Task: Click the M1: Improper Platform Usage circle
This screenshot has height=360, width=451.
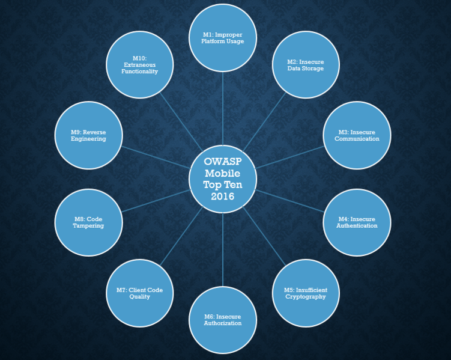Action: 223,38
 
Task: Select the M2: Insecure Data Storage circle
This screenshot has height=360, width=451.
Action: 306,65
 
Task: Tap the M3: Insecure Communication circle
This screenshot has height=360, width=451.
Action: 357,135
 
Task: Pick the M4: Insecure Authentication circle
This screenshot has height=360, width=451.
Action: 357,222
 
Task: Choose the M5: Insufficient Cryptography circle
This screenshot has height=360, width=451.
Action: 306,293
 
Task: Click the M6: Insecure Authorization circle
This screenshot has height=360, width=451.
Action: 223,320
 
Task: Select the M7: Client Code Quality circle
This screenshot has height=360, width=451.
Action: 140,293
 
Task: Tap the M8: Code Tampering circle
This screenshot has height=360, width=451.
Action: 89,222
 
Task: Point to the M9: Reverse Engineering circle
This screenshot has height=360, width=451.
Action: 89,135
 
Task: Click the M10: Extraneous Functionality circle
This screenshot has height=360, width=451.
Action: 140,65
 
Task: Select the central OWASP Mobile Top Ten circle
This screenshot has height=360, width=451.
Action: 223,178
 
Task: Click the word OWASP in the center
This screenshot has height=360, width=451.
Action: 223,162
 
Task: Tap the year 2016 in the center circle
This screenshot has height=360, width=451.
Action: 223,197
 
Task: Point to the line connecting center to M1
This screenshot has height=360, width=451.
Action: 223,108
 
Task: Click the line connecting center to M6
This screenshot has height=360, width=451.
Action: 223,249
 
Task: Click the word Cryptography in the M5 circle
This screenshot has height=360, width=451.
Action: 306,296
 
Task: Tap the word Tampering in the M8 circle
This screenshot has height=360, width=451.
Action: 89,226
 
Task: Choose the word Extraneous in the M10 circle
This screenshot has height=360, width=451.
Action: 140,64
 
